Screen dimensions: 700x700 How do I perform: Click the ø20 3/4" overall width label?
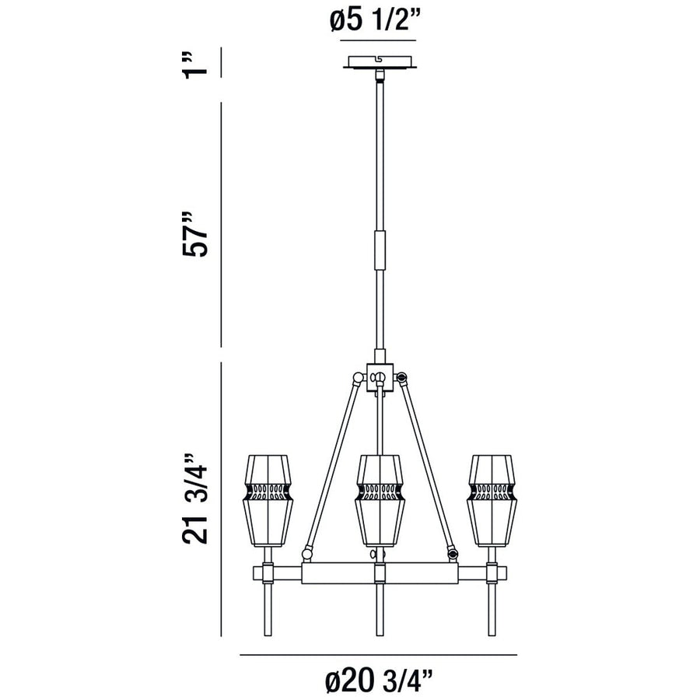(379, 682)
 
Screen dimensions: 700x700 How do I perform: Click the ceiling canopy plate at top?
(379, 62)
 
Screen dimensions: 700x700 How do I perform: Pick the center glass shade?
(379, 498)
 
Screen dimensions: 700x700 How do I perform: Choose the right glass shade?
(491, 498)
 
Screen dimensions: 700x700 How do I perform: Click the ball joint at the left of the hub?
(357, 379)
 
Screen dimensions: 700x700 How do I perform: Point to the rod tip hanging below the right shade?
(492, 622)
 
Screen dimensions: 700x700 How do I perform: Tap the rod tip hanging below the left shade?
(268, 622)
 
